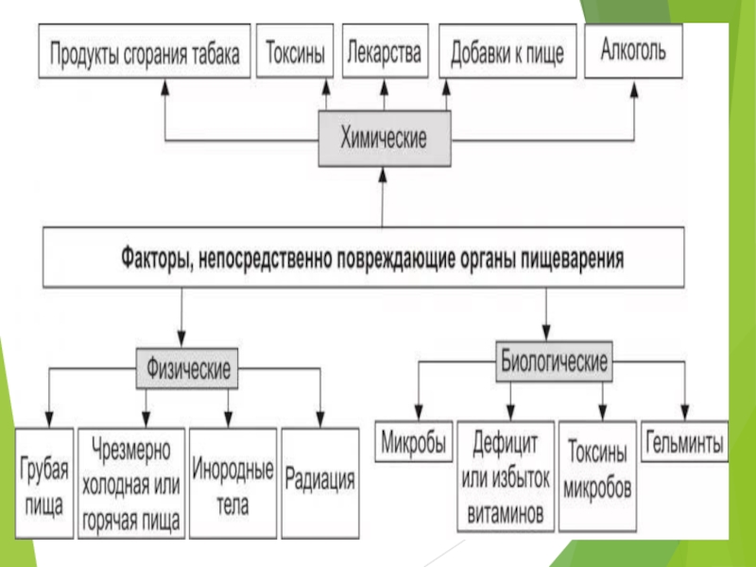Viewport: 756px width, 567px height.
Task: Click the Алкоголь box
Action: click(x=632, y=50)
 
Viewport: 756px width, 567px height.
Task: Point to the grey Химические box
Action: click(x=383, y=138)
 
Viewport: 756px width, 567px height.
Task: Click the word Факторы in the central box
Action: click(x=155, y=256)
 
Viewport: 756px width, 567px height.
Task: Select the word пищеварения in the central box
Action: click(x=574, y=256)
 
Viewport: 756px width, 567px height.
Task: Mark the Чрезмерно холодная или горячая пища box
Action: click(x=131, y=483)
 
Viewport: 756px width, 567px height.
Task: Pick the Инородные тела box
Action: click(x=232, y=483)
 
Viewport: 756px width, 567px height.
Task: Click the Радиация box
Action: click(x=320, y=482)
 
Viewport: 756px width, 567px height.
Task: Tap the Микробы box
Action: click(x=413, y=442)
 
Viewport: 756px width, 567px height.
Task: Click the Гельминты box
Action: click(x=685, y=441)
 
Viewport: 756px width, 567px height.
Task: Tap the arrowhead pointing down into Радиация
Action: click(x=320, y=420)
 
